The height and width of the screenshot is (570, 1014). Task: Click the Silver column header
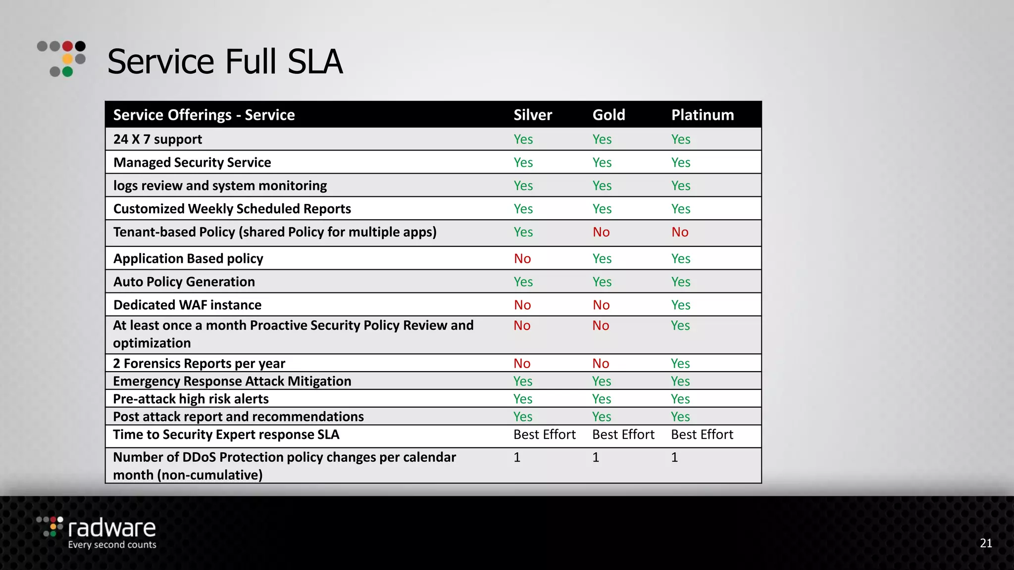[x=532, y=115]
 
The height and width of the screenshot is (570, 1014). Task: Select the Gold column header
[x=608, y=115]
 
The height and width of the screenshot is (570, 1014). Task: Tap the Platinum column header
[x=702, y=115]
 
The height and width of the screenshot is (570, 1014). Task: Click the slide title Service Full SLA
[x=225, y=62]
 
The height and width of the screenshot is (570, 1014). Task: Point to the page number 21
[x=986, y=543]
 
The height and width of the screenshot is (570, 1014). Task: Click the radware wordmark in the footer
[x=111, y=528]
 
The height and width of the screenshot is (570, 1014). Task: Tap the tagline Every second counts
[x=112, y=545]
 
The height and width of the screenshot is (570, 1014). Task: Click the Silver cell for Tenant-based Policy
[x=523, y=232]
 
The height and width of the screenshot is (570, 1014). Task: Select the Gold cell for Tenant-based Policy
[x=601, y=232]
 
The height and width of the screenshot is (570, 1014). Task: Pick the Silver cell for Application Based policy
[x=522, y=259]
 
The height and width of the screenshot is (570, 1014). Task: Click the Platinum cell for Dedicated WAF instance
[x=680, y=305]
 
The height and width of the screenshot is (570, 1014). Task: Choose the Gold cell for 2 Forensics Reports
[x=601, y=364]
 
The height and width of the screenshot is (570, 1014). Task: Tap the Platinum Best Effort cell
[x=702, y=434]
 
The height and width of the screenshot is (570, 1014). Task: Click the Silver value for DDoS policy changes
[x=517, y=457]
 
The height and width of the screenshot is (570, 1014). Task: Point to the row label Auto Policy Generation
[x=184, y=282]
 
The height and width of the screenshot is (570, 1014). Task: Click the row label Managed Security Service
[x=192, y=163]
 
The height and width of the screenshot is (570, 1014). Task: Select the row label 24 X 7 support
[x=157, y=140]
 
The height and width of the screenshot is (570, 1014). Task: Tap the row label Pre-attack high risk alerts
[x=191, y=399]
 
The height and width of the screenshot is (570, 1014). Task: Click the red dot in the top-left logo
[x=68, y=47]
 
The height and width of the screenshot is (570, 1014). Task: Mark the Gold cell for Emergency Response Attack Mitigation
[x=601, y=381]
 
